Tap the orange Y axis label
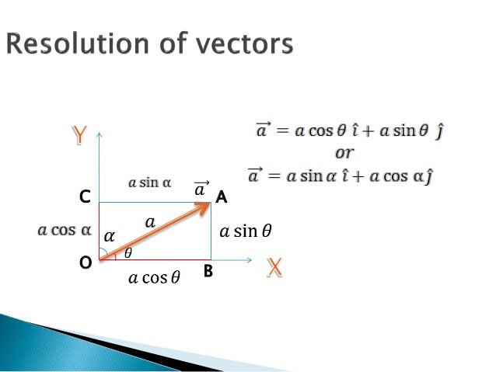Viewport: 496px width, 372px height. pyautogui.click(x=79, y=136)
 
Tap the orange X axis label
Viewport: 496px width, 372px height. pyautogui.click(x=274, y=267)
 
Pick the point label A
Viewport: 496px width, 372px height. pyautogui.click(x=222, y=198)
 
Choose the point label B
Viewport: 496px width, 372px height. pyautogui.click(x=208, y=273)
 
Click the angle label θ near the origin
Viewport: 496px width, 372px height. pyautogui.click(x=128, y=252)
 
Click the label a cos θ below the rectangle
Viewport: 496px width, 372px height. pyautogui.click(x=154, y=277)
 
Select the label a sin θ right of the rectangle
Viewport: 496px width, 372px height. pyautogui.click(x=246, y=231)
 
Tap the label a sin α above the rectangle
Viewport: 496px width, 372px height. pyautogui.click(x=149, y=183)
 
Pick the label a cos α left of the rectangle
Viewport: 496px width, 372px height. pyautogui.click(x=65, y=231)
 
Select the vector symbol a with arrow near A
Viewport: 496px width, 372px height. pyautogui.click(x=201, y=188)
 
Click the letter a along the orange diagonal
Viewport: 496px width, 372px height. pyautogui.click(x=150, y=222)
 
